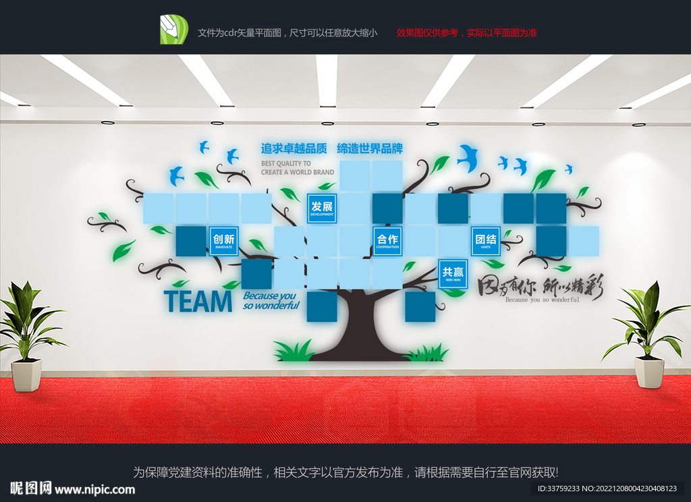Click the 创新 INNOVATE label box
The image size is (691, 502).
[x=223, y=241]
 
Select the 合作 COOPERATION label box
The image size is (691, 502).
[x=387, y=241]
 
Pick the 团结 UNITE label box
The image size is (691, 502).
[x=486, y=241]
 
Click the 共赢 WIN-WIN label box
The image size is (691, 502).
[x=453, y=274]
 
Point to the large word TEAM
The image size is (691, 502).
[x=198, y=302]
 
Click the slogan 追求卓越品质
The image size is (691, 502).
[x=294, y=148]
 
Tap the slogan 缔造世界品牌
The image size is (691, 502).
[x=370, y=148]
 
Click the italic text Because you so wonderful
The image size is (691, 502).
[x=271, y=300]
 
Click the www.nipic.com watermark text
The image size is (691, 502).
[x=94, y=489]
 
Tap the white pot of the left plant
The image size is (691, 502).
[x=27, y=374]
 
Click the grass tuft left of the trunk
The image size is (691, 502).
[x=295, y=352]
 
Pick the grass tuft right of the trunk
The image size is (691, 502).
[x=427, y=352]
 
